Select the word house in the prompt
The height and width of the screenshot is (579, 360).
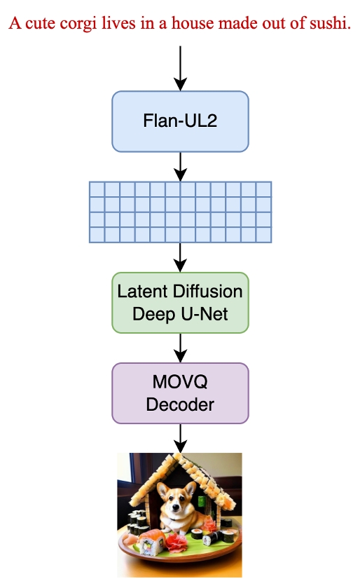193,23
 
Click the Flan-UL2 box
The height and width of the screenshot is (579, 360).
181,121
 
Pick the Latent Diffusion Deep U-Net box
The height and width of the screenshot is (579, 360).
181,303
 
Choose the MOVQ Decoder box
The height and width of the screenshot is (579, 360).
181,393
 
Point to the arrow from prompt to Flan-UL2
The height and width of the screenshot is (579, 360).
181,68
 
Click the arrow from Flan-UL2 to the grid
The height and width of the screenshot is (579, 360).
181,167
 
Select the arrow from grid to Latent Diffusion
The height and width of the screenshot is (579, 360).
181,257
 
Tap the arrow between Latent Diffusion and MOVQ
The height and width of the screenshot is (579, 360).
181,348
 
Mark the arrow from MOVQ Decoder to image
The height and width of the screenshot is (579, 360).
181,438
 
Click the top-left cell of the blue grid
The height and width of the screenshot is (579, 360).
97,189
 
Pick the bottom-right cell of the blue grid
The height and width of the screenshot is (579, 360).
264,235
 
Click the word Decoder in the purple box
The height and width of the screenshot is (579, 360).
180,404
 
